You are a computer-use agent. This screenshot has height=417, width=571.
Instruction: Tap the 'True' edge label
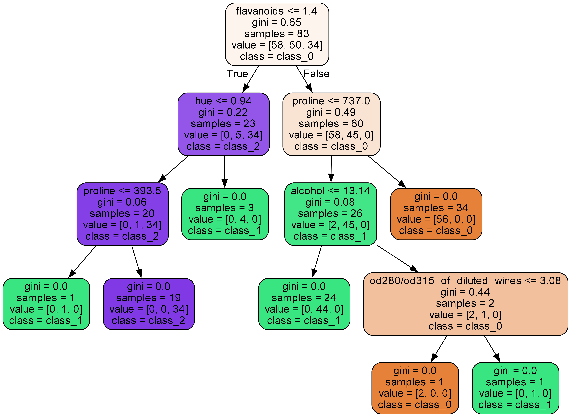(237, 74)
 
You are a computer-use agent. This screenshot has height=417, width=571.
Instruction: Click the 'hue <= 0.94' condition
(223, 101)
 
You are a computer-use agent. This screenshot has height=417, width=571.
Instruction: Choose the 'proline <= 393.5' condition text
(122, 191)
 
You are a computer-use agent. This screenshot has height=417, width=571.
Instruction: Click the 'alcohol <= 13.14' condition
(330, 191)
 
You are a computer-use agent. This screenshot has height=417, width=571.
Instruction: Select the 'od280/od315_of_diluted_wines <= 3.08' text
(465, 281)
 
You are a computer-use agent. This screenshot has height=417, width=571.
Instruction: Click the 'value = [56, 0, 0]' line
(436, 219)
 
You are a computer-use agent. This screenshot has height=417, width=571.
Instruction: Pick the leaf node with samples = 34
(436, 214)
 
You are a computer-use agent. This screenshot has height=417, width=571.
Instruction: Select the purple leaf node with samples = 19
(149, 304)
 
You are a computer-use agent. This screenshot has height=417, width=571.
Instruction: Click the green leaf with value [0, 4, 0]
(225, 214)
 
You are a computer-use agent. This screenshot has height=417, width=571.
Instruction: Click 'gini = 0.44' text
(465, 292)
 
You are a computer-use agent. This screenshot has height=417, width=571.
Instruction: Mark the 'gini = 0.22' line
(223, 112)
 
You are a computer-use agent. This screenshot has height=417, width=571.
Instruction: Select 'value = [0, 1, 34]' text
(122, 225)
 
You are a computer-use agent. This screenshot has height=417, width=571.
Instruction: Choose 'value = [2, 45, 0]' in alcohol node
(330, 225)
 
